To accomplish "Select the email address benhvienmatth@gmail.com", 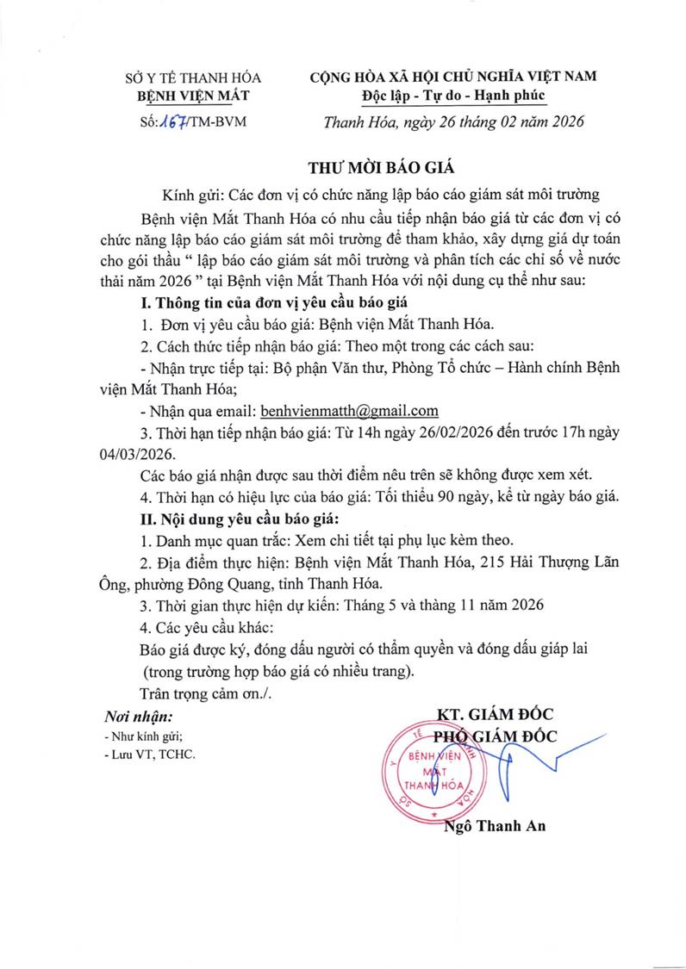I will [350, 410].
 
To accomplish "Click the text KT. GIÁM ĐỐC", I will [495, 714].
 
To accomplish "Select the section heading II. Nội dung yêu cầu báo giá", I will [240, 519].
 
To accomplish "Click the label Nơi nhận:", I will [138, 716].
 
